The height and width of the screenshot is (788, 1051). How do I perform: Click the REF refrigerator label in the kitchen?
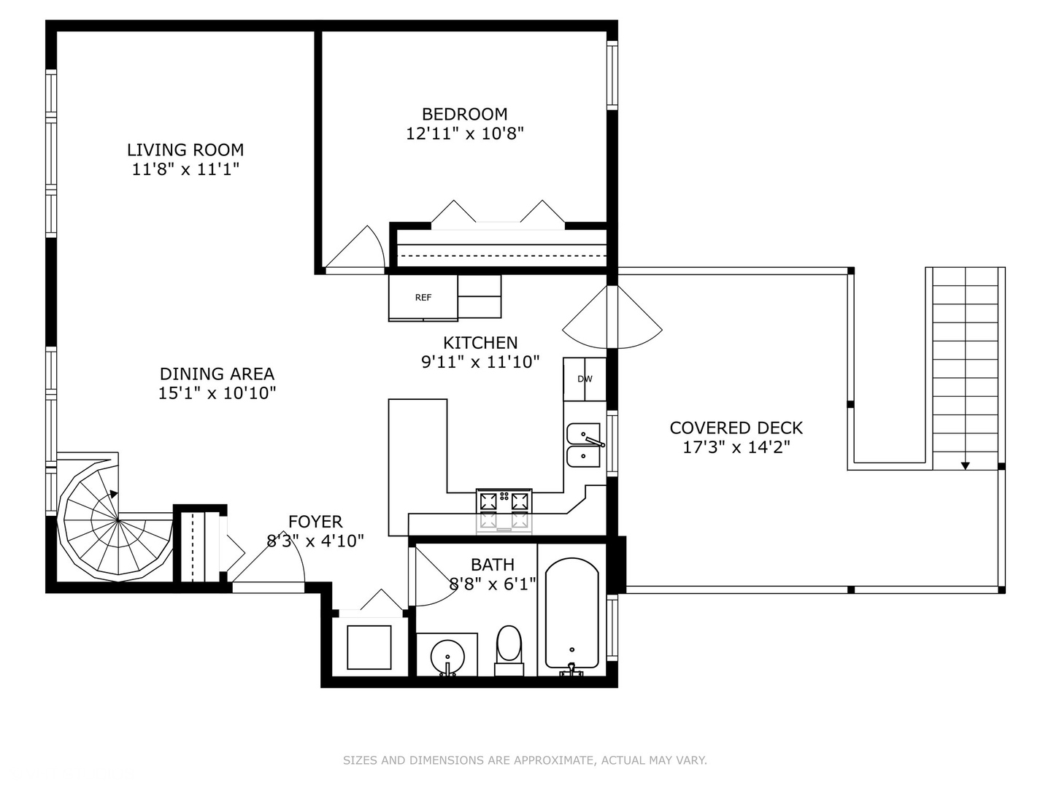(x=423, y=297)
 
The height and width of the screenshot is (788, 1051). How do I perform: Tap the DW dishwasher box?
(x=585, y=379)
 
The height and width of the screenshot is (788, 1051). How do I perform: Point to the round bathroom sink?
(x=447, y=656)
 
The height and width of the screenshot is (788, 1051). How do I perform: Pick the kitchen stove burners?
(x=504, y=501)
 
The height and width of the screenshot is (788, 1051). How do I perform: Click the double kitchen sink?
(x=584, y=445)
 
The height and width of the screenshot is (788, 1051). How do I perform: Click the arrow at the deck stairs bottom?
(x=966, y=465)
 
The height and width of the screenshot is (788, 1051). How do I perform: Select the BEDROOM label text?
(x=465, y=114)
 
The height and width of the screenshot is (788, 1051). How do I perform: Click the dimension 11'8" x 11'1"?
(x=185, y=169)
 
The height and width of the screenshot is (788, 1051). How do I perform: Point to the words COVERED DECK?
(x=736, y=428)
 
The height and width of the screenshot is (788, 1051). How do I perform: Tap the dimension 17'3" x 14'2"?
(x=736, y=447)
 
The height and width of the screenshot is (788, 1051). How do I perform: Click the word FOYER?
(x=315, y=522)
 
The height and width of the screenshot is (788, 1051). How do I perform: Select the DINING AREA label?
(x=217, y=374)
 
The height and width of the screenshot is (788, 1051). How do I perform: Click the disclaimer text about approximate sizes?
(x=525, y=760)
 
